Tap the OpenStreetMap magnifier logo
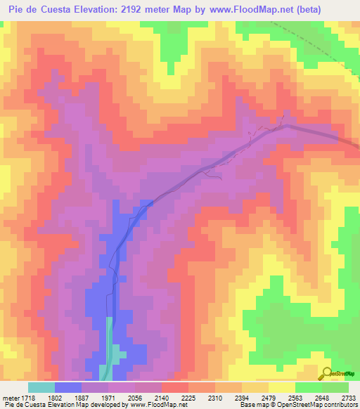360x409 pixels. point(326,374)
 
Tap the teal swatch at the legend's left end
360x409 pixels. point(41,387)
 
